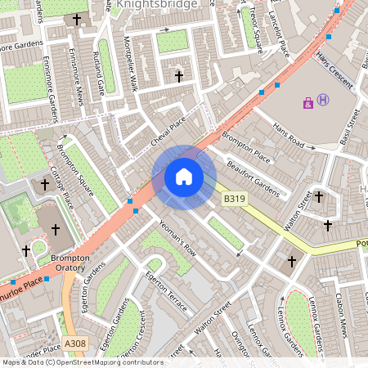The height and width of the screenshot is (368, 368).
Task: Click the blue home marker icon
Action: tap(184, 176)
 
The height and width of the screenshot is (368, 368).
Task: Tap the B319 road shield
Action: tap(234, 199)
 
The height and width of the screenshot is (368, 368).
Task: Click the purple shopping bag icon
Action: tap(307, 103)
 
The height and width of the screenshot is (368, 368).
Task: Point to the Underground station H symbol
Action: tap(323, 100)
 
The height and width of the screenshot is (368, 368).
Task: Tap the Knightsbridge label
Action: tap(157, 5)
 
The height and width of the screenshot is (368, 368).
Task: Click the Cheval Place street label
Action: tap(168, 132)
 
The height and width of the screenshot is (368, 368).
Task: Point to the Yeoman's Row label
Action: tap(177, 237)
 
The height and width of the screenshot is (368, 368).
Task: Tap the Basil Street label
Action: tap(349, 126)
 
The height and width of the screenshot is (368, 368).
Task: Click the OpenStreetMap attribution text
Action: tap(82, 362)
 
